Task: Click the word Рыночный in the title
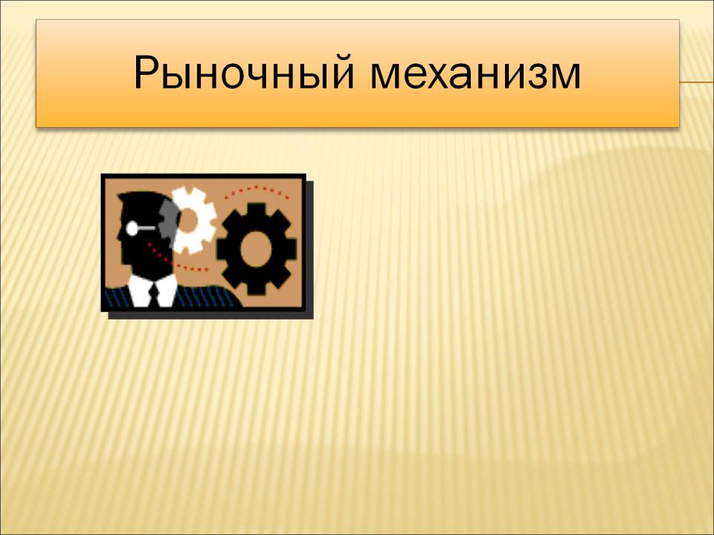click(244, 74)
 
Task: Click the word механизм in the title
click(475, 74)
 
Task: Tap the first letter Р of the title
click(147, 72)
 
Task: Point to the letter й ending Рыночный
click(341, 71)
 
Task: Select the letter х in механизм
click(441, 74)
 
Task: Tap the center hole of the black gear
click(256, 249)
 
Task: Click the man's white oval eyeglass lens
click(132, 228)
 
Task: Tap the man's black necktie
click(154, 294)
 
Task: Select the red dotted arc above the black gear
click(257, 189)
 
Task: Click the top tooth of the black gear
click(257, 210)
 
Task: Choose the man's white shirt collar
click(152, 290)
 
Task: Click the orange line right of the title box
click(697, 82)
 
